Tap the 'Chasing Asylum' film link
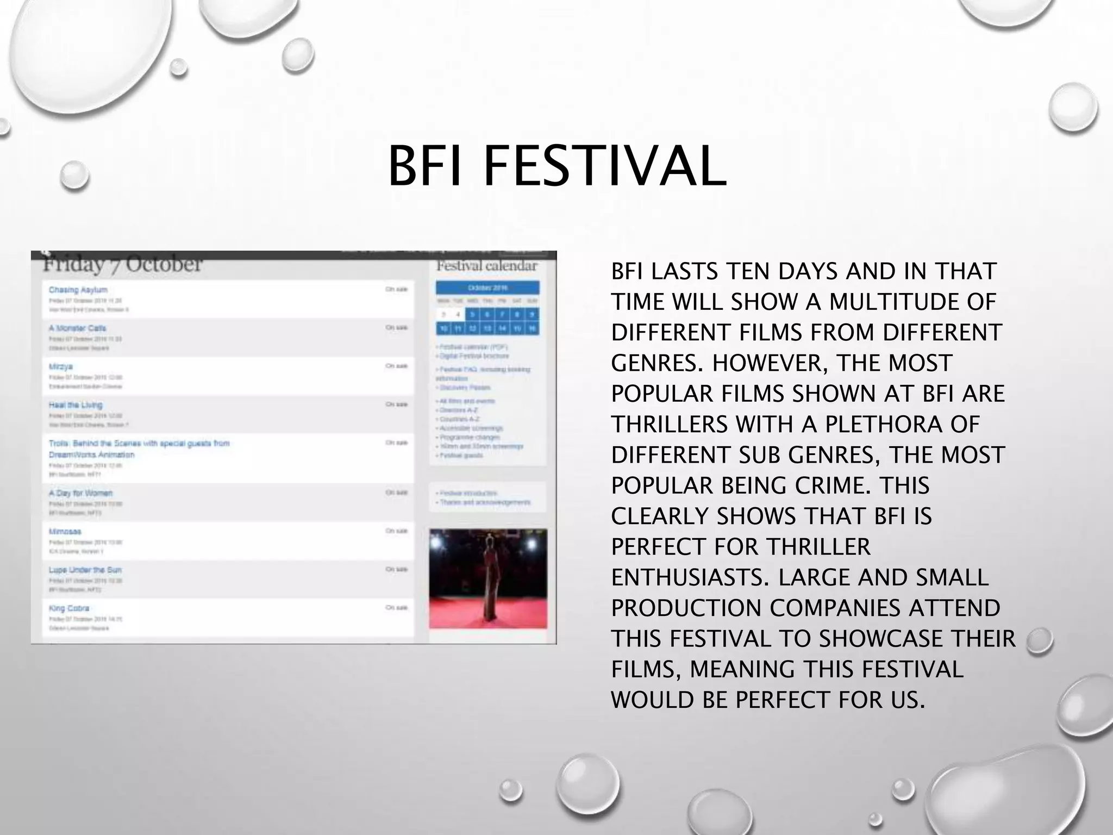click(78, 290)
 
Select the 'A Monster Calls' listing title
click(77, 328)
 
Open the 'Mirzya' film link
click(60, 366)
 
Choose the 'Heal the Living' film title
click(75, 405)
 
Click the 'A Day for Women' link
click(80, 493)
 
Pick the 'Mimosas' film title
click(65, 532)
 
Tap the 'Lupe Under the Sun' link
click(85, 570)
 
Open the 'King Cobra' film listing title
click(68, 608)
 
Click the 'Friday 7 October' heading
click(122, 265)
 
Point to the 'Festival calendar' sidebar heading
click(487, 266)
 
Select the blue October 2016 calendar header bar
click(487, 288)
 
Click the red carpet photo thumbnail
click(488, 578)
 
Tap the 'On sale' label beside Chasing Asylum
click(396, 290)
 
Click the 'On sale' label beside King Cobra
click(396, 608)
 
